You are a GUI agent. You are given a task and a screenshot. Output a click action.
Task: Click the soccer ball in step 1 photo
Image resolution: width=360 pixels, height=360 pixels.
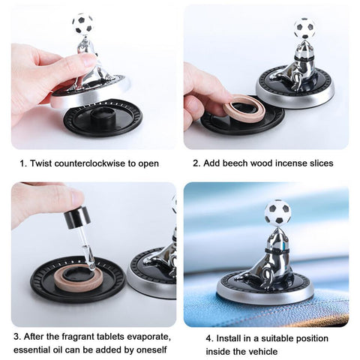[82, 23]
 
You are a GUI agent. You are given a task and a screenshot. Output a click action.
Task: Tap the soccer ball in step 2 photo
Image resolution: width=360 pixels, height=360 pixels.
[304, 28]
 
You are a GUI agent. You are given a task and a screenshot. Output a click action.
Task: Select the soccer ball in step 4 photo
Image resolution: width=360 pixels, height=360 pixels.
[277, 212]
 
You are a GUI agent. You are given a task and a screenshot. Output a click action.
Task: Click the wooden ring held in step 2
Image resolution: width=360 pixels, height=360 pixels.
[244, 108]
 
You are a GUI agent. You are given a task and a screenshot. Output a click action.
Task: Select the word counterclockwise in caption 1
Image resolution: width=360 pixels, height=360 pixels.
[90, 163]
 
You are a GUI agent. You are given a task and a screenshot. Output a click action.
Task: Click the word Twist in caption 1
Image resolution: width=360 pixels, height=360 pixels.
[40, 163]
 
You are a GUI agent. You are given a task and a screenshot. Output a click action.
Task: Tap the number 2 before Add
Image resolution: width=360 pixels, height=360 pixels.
[196, 163]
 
